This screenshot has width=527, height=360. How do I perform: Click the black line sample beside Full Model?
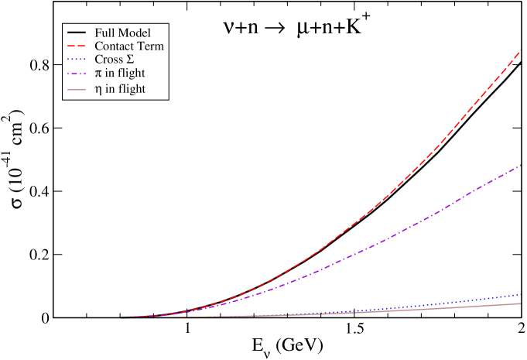click(x=77, y=33)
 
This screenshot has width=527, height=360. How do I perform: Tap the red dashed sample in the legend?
click(x=77, y=46)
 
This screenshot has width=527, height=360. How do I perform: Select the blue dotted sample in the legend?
click(x=77, y=60)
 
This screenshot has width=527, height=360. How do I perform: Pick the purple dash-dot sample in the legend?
click(x=77, y=74)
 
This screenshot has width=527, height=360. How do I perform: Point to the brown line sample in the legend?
click(x=77, y=89)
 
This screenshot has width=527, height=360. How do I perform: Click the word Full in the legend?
click(x=104, y=33)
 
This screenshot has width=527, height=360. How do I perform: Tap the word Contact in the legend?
click(x=115, y=46)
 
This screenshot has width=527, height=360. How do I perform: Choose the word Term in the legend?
click(x=150, y=46)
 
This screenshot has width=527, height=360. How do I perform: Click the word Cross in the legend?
click(x=108, y=60)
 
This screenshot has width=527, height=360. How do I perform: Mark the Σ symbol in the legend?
click(x=130, y=60)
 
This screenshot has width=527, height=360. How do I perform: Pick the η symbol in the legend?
click(x=98, y=90)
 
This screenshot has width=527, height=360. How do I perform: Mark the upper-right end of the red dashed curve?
click(x=520, y=51)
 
